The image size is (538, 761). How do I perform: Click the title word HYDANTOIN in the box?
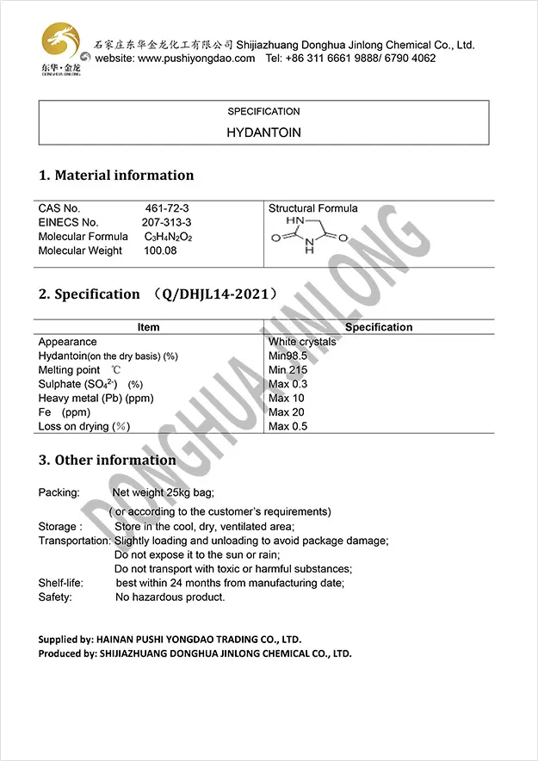click(263, 133)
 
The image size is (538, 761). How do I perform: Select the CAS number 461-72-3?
click(168, 208)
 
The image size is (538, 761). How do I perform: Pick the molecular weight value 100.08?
click(162, 251)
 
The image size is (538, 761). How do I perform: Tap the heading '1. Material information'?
click(116, 176)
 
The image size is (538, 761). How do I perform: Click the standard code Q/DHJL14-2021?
click(215, 294)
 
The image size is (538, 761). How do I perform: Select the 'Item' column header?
click(148, 327)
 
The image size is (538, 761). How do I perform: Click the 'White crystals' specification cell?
click(302, 342)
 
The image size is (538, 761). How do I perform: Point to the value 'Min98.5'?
click(288, 356)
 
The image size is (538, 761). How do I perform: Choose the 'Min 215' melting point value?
click(288, 370)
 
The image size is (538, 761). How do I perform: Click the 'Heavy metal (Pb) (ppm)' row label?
click(96, 399)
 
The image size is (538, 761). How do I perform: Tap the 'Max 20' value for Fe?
click(288, 412)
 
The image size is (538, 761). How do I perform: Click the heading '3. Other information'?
click(107, 461)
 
